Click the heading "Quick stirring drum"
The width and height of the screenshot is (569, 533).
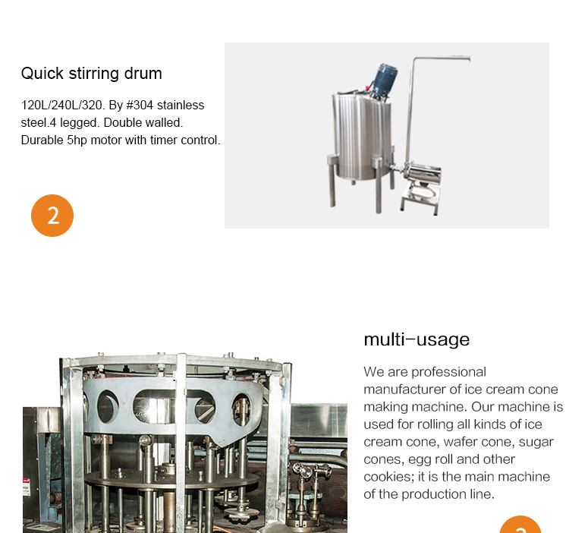[92, 74]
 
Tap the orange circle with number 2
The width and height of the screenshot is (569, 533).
[52, 216]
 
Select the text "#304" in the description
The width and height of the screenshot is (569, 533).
[140, 106]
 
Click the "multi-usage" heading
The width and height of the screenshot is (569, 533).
[417, 340]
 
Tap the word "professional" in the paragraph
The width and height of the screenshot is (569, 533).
[449, 373]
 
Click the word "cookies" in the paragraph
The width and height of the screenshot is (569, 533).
[388, 477]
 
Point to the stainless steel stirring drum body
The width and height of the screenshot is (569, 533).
[362, 136]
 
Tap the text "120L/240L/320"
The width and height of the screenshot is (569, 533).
[61, 106]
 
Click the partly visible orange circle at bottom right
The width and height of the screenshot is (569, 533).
[520, 525]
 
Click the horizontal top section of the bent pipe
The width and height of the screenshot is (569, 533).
[442, 58]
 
